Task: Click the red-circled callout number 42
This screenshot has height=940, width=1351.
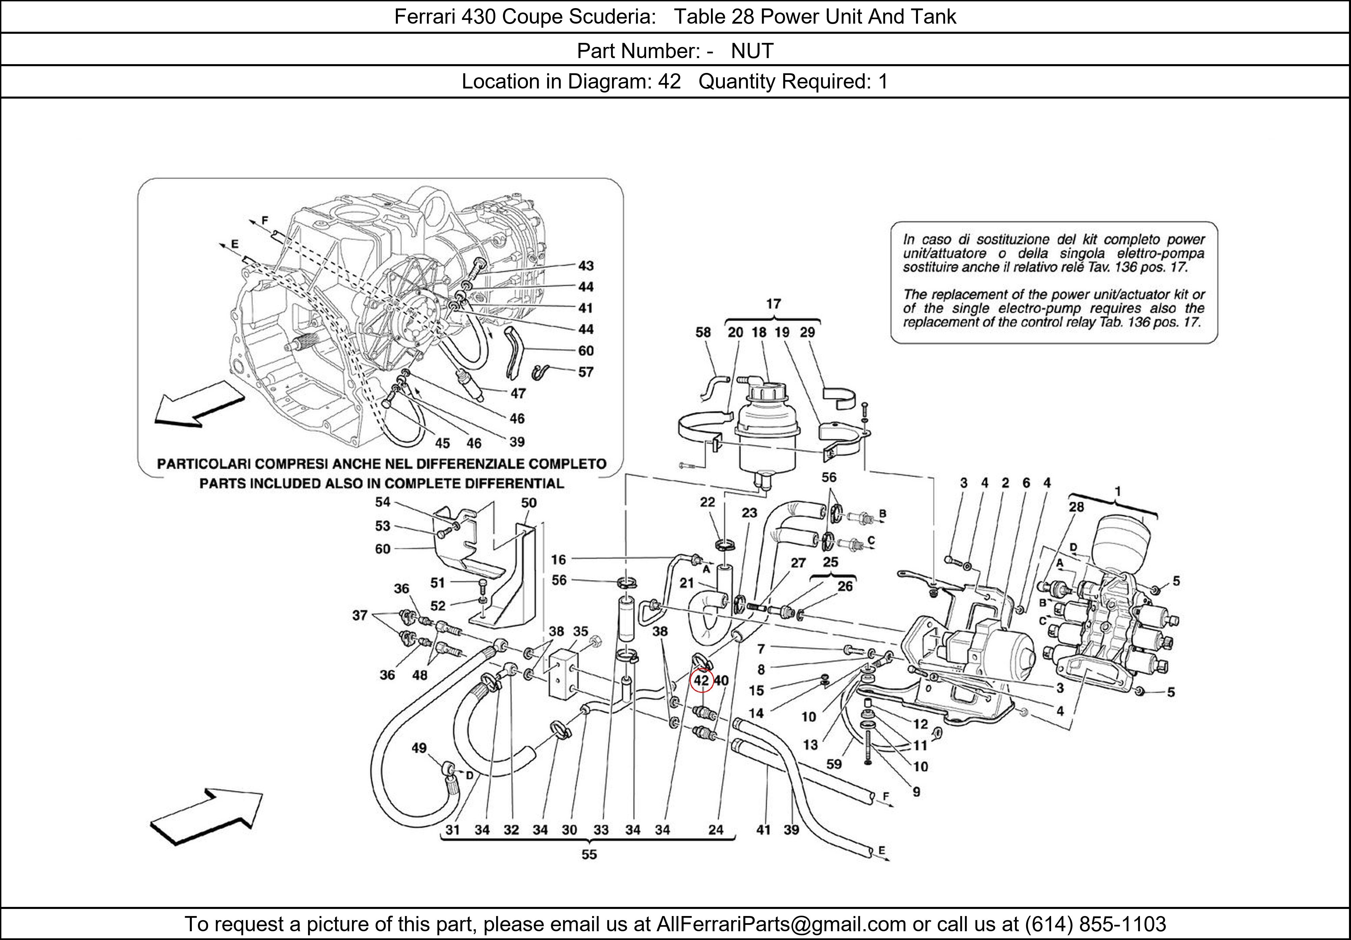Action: [x=702, y=681]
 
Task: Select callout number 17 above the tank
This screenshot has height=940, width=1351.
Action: [x=773, y=304]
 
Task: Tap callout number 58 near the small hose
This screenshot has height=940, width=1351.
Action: [x=703, y=332]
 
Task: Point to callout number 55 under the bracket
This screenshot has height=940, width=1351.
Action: [x=589, y=854]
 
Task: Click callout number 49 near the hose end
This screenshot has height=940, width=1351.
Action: [x=419, y=748]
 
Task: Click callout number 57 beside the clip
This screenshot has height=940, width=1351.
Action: [x=585, y=372]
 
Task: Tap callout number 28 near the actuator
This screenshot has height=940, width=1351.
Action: [x=1076, y=507]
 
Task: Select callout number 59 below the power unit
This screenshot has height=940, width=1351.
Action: [x=834, y=764]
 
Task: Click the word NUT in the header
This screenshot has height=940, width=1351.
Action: [x=752, y=51]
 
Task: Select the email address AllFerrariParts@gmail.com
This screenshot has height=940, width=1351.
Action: [x=781, y=924]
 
